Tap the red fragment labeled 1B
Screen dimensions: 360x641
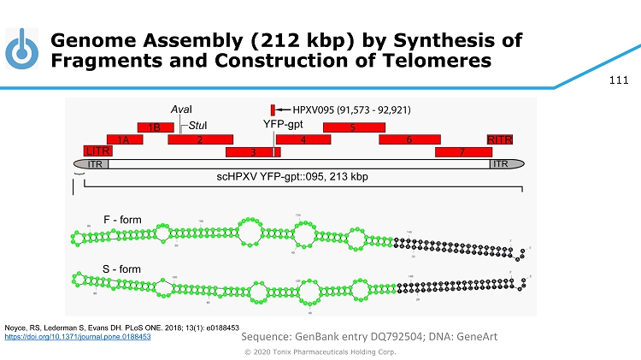tap(156, 127)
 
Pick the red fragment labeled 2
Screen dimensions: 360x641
tap(200, 139)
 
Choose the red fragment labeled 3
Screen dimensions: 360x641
tap(253, 152)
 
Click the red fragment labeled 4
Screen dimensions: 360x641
tap(303, 139)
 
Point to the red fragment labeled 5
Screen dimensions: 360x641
tap(352, 127)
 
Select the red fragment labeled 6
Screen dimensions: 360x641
tap(409, 139)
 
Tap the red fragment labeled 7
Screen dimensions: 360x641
tap(462, 152)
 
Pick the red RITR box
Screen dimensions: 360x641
tap(498, 139)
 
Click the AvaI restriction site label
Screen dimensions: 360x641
tap(180, 112)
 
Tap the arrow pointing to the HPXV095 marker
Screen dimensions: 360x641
tap(284, 110)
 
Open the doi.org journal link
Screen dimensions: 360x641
tap(78, 337)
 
